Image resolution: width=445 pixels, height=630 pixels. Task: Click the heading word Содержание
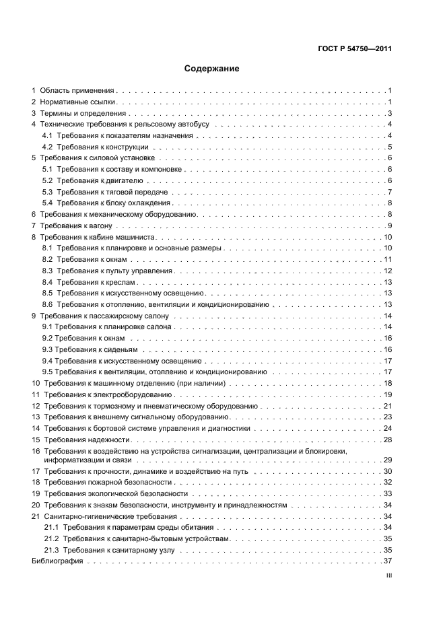pos(211,69)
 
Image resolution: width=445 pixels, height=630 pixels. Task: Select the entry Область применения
pos(77,90)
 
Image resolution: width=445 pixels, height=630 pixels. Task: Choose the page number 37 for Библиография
pos(387,561)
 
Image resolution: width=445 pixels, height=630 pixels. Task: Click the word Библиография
pos(57,561)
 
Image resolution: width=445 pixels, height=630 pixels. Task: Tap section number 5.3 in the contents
pos(47,192)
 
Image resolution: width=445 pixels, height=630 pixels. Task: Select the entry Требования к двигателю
pos(98,180)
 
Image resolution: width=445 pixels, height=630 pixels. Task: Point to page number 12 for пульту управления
pos(387,270)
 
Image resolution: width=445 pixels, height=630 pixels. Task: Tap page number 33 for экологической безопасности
pos(387,493)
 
